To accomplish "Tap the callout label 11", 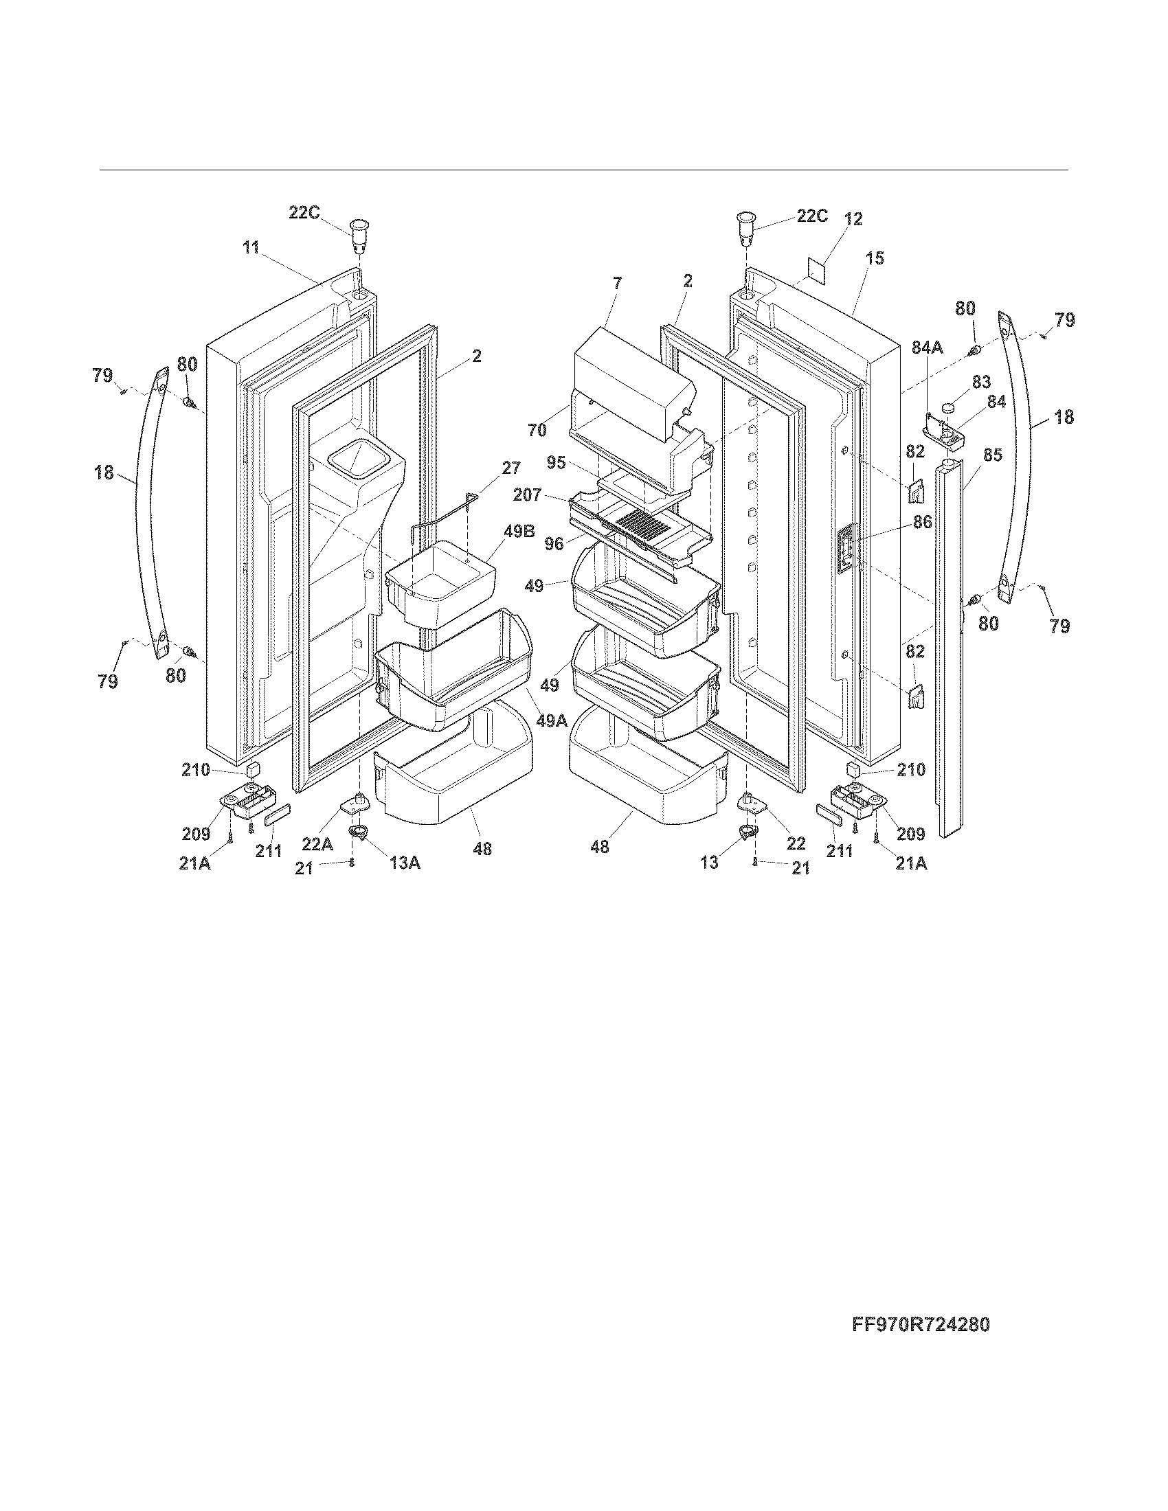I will pos(251,248).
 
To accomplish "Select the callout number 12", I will pos(853,219).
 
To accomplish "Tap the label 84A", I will pos(927,348).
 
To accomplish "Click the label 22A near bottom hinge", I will pos(317,844).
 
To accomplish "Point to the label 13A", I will pos(403,863).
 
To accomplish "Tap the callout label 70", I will pos(537,431).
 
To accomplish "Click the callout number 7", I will pos(617,282).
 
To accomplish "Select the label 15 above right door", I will pos(875,258).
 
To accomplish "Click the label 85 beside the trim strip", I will pos(992,455).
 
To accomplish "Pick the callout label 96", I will pos(554,545).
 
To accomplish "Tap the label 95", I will pos(556,462).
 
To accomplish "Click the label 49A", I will pos(551,721).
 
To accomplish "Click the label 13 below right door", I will pos(709,863).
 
